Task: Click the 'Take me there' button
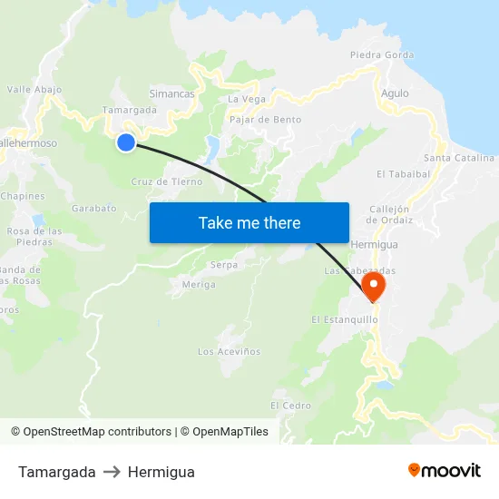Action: click(249, 222)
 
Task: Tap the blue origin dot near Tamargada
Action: click(126, 142)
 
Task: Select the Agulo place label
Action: click(395, 93)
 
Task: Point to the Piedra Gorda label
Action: click(382, 54)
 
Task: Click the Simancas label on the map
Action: click(171, 93)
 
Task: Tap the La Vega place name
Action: click(247, 99)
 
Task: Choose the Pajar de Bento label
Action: click(266, 119)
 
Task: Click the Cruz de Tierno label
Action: click(167, 181)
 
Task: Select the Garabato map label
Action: click(94, 208)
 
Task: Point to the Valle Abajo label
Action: click(34, 89)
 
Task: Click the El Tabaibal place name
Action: click(403, 173)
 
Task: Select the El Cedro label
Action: click(290, 405)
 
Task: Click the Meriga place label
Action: click(199, 284)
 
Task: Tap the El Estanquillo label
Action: click(344, 319)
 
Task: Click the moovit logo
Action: click(445, 471)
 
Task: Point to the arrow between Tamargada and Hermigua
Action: click(112, 472)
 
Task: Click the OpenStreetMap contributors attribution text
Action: click(97, 432)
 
